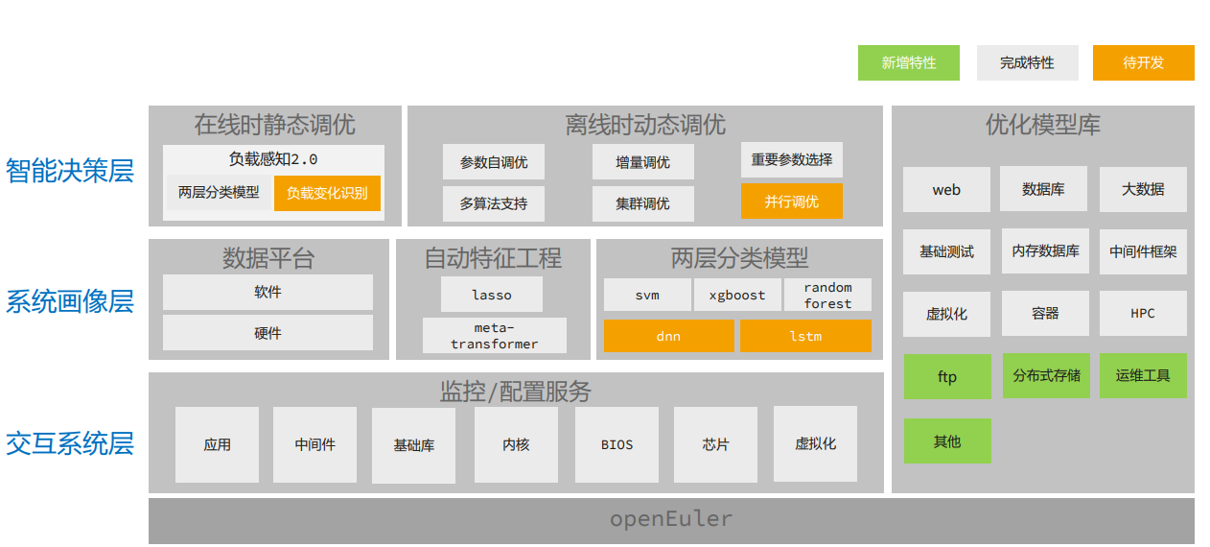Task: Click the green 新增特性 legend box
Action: coord(909,62)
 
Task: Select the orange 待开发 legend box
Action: coord(1143,62)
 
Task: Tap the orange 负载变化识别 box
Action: coord(327,193)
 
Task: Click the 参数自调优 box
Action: coord(493,162)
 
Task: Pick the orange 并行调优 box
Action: coord(791,202)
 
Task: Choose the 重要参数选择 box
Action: coord(791,160)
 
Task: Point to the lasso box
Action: coord(491,295)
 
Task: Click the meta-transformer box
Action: coord(494,336)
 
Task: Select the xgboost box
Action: coord(736,295)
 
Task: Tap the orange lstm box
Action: coord(804,336)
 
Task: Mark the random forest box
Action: coord(827,295)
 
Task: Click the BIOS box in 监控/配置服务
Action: coord(617,444)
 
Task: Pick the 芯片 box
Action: coord(715,444)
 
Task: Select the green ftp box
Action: coord(946,376)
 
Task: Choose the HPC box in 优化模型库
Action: coord(1142,314)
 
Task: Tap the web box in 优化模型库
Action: coord(945,190)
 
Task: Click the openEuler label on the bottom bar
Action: coord(670,520)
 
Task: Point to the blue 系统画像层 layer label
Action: coord(69,301)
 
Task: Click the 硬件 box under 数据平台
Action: coord(268,333)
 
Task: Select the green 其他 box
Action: coord(946,440)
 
